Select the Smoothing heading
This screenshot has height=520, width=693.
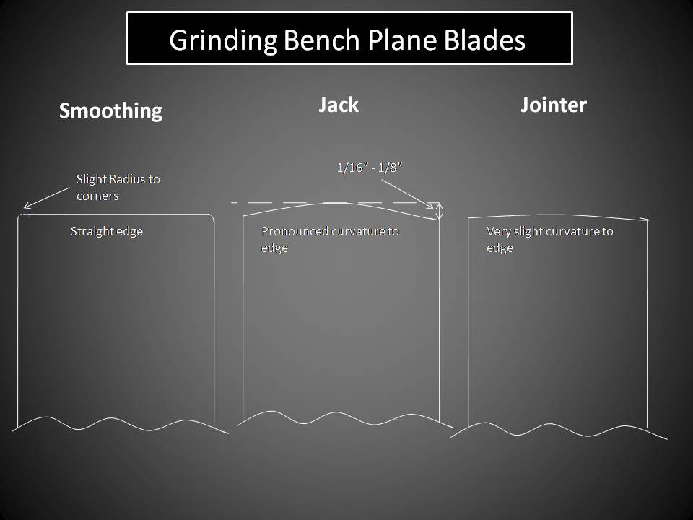click(x=110, y=110)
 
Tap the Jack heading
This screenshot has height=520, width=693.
click(x=339, y=105)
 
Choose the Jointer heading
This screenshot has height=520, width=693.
click(x=554, y=105)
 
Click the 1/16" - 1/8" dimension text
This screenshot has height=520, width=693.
click(x=369, y=168)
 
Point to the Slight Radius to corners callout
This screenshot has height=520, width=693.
click(x=118, y=187)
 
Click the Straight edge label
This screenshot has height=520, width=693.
click(x=106, y=232)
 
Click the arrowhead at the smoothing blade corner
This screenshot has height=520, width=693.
click(x=26, y=206)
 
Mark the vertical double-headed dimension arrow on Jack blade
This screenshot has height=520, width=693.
click(x=439, y=211)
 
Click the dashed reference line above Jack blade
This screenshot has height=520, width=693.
click(x=325, y=203)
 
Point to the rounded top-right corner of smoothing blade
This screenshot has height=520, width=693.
click(x=212, y=217)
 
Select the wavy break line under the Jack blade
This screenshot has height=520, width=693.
click(x=339, y=419)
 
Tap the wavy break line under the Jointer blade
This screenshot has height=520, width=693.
click(x=559, y=430)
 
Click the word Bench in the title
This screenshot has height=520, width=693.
click(x=315, y=40)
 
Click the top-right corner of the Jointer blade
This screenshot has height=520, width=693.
click(x=647, y=220)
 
